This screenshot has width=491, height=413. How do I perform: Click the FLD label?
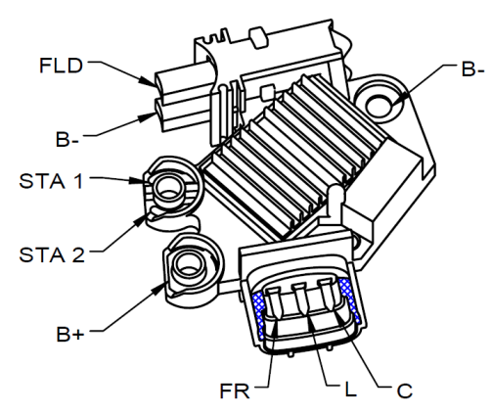point(61,66)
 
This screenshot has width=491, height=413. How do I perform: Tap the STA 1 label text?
point(51,181)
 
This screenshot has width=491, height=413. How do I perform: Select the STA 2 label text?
point(52,254)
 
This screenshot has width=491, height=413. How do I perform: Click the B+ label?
point(70,334)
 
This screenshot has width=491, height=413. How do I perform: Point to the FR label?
point(235,390)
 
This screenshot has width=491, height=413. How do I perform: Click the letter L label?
point(350,390)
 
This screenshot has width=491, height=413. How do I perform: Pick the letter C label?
point(405,390)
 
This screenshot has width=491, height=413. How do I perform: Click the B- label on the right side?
point(472,69)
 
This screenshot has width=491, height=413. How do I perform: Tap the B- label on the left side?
point(67,139)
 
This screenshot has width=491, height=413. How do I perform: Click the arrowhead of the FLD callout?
point(148,81)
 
